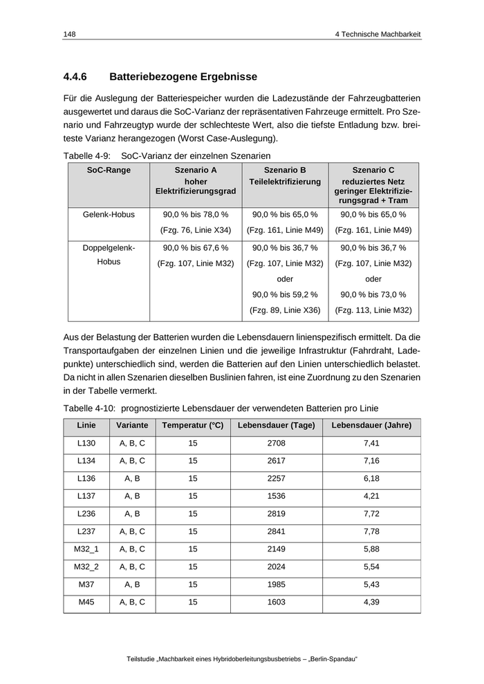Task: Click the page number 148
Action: (69, 34)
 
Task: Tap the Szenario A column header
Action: (196, 169)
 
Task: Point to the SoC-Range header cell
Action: (109, 169)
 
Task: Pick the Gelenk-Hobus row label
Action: (109, 215)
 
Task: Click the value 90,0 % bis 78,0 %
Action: (196, 215)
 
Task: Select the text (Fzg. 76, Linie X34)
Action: (196, 230)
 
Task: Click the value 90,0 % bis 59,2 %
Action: (285, 295)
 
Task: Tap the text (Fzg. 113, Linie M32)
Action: (373, 310)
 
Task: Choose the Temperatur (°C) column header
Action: (192, 426)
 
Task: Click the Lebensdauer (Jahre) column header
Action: (371, 426)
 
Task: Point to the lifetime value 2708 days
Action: (276, 443)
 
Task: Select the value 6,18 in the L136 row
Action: (371, 478)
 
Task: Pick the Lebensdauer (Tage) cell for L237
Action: (276, 531)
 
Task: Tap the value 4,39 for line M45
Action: (371, 602)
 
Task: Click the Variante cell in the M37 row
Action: (132, 585)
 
